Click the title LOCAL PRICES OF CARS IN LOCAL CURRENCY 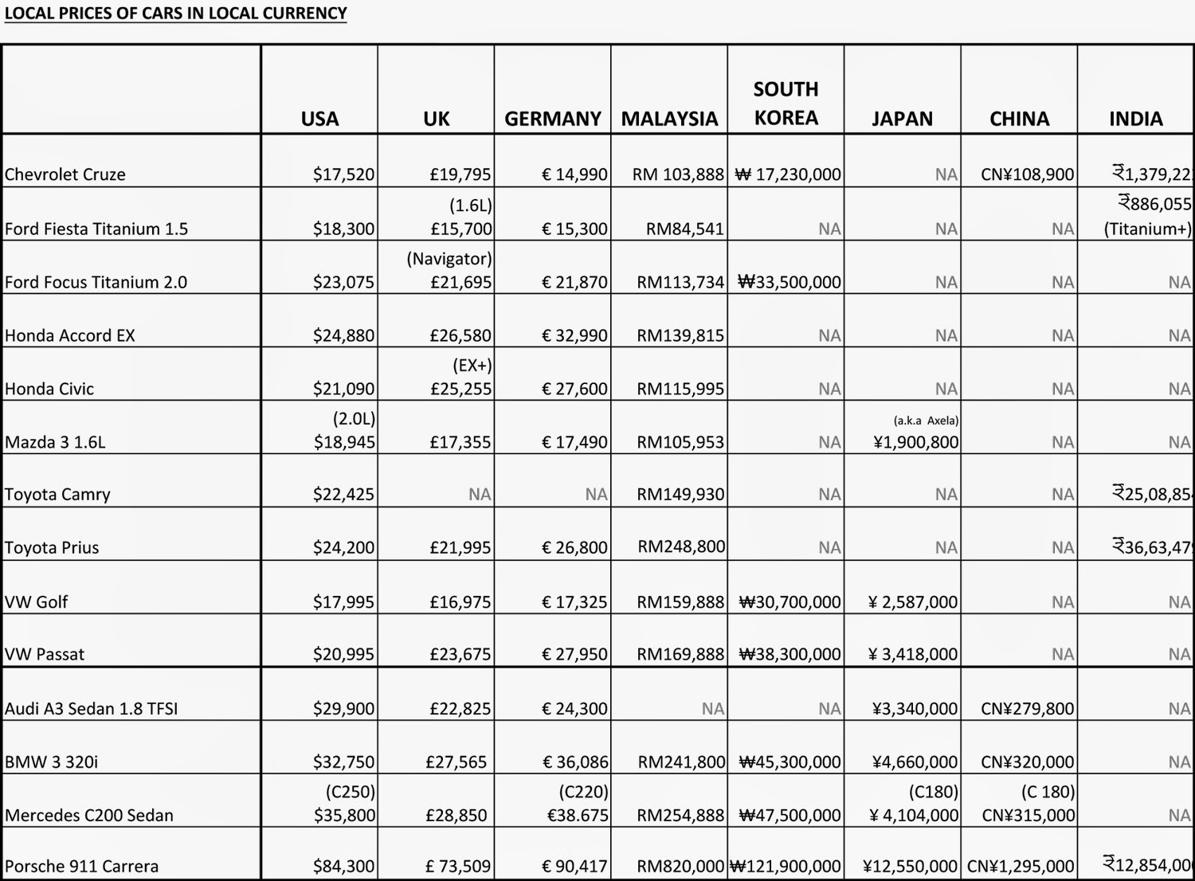(175, 14)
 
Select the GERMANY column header (552, 119)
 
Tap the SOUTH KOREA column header (786, 104)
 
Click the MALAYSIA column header (669, 119)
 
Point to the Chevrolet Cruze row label (65, 174)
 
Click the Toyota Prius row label (52, 547)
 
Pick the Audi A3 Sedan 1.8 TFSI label (91, 708)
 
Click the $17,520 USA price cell (343, 174)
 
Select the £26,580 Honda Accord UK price (460, 335)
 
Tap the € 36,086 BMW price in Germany (574, 762)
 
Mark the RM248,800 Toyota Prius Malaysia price (681, 546)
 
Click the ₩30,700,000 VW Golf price (789, 601)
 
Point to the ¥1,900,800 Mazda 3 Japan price (915, 442)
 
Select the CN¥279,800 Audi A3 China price (1027, 708)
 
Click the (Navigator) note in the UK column (449, 259)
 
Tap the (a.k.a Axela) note (926, 420)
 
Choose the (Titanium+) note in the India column (1147, 229)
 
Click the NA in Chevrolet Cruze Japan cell (946, 174)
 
